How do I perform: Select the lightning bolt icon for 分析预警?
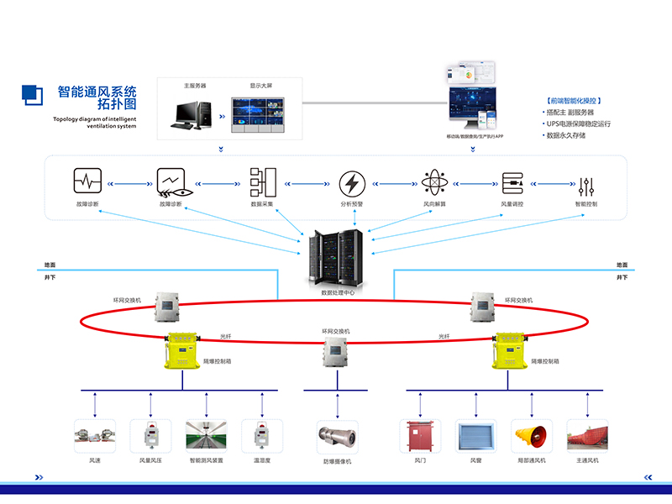point(351,183)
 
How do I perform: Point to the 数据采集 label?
point(263,204)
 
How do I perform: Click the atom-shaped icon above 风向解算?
point(432,183)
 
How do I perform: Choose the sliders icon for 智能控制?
point(587,183)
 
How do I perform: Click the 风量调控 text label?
point(512,204)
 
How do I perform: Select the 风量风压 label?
point(151,460)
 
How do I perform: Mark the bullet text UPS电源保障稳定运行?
point(580,123)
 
